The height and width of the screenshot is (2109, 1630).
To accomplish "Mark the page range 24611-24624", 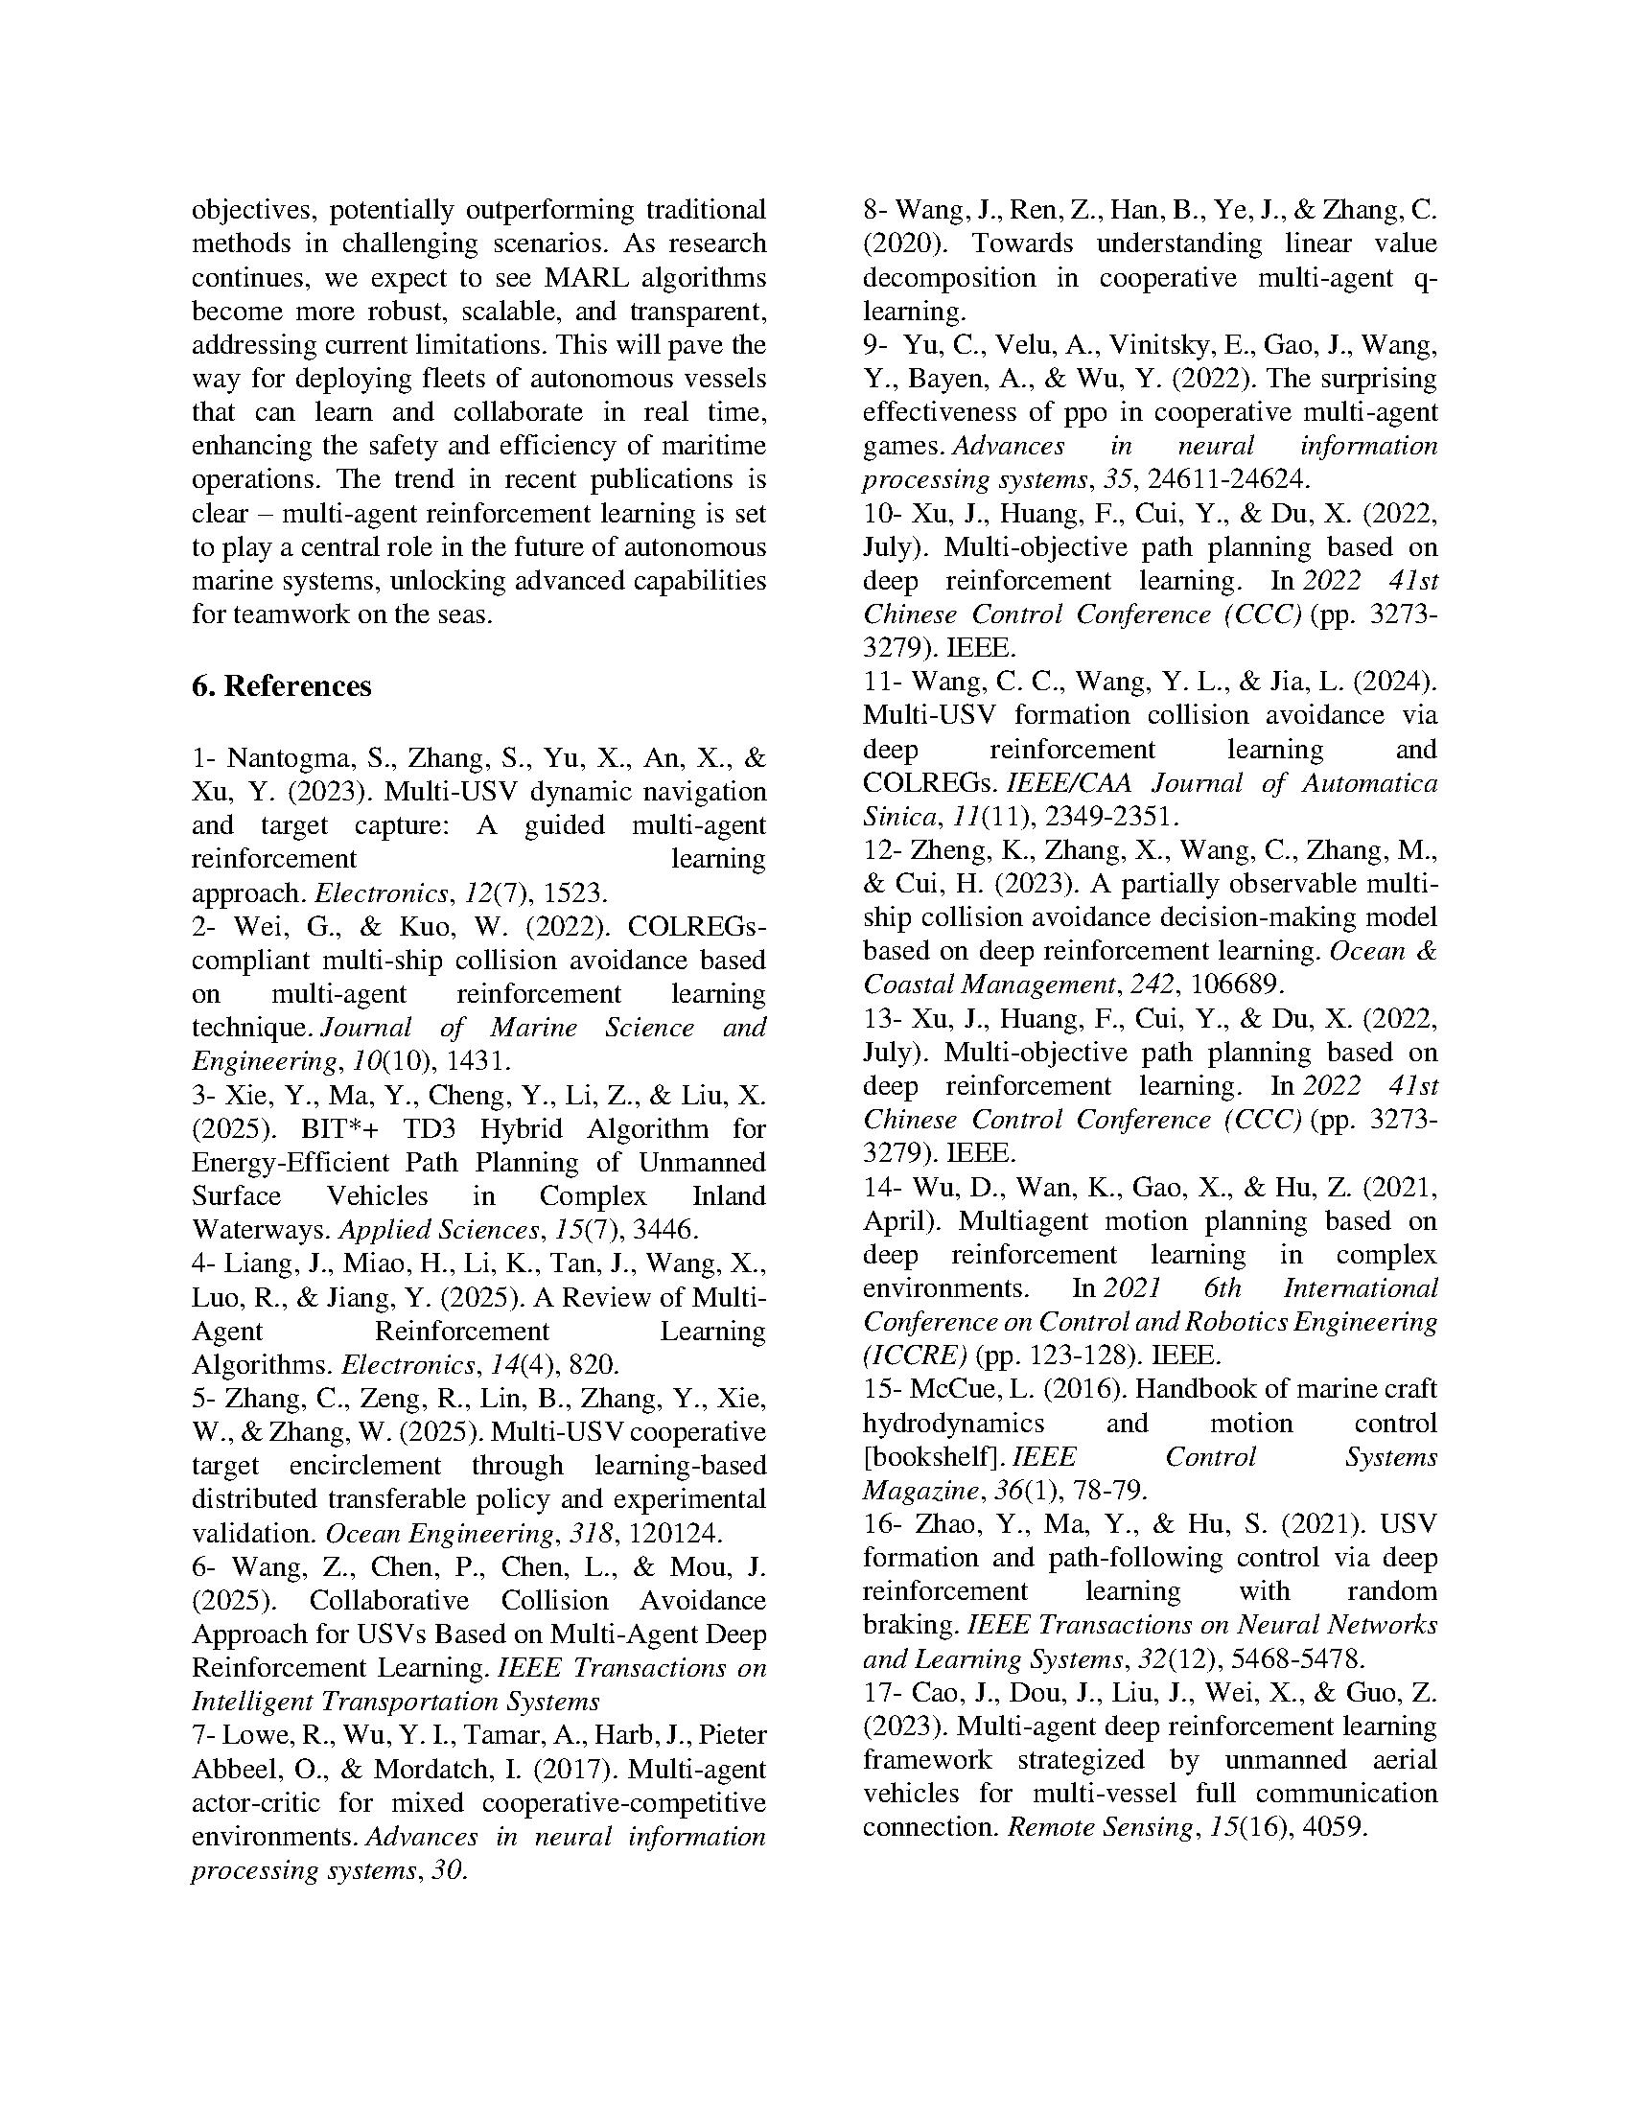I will tap(1224, 480).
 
